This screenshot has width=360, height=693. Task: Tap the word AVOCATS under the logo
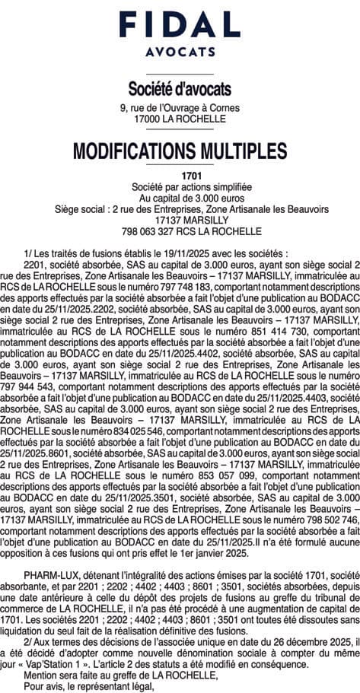pos(180,52)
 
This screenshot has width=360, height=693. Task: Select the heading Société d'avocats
pos(180,89)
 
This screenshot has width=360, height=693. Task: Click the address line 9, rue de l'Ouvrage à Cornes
pos(180,109)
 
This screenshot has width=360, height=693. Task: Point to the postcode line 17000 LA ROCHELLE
pos(180,119)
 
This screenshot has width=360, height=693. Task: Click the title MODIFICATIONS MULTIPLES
pos(180,151)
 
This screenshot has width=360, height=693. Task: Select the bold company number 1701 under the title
pos(180,176)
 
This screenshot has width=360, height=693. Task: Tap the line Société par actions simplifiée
pos(180,186)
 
